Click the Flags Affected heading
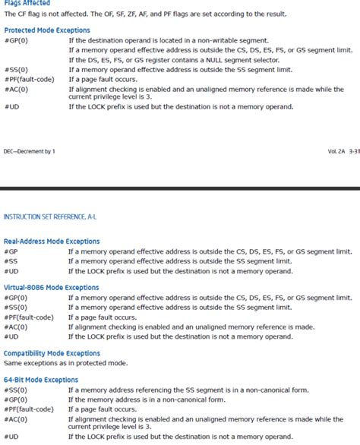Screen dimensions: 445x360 tap(27, 3)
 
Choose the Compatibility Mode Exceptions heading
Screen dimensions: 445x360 tap(52, 353)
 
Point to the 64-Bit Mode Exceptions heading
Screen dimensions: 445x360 tap(41, 380)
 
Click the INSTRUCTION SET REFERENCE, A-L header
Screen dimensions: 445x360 tap(50, 217)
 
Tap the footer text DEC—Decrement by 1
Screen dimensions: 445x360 tap(29, 152)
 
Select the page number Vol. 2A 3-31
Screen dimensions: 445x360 tap(343, 152)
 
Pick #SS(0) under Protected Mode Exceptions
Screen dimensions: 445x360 tap(15, 69)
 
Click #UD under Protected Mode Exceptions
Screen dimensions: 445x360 tap(11, 107)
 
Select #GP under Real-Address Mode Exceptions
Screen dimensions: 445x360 tap(11, 251)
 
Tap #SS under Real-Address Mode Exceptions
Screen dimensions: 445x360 tap(11, 261)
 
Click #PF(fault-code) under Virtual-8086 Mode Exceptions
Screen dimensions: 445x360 tap(28, 317)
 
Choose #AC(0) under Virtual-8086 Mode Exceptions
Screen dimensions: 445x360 tap(15, 327)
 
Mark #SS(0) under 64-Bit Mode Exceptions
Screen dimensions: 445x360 tap(15, 390)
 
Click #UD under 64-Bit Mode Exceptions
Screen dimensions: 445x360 tap(11, 437)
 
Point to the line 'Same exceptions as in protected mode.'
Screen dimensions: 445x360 tap(64, 363)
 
